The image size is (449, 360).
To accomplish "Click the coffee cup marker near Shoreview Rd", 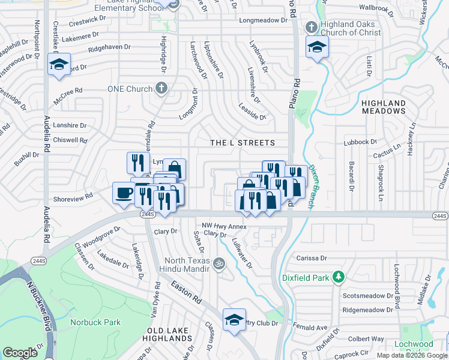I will click(124, 193).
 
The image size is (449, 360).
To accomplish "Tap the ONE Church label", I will click(129, 89).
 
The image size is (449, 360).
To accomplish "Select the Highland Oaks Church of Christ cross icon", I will click(311, 27).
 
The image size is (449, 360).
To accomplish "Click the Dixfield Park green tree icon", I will click(339, 277).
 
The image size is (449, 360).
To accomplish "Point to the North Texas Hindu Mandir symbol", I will click(220, 262).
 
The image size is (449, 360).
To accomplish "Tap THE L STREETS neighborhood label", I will click(243, 143).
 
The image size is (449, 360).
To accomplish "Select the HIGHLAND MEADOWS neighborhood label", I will click(384, 107).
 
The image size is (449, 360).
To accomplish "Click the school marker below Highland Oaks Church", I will click(317, 47).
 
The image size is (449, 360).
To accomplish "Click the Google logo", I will click(20, 353).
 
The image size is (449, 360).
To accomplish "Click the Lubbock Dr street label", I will click(360, 142).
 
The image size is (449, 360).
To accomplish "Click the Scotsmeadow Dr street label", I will click(368, 296).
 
